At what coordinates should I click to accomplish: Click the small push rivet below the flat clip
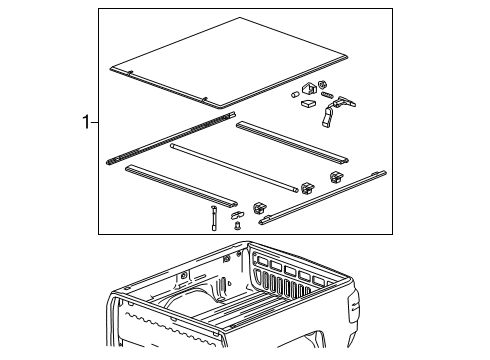pyautogui.click(x=237, y=227)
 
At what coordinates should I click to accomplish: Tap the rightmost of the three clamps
pyautogui.click(x=334, y=178)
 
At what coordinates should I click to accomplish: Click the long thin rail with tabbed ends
pyautogui.click(x=325, y=198)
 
